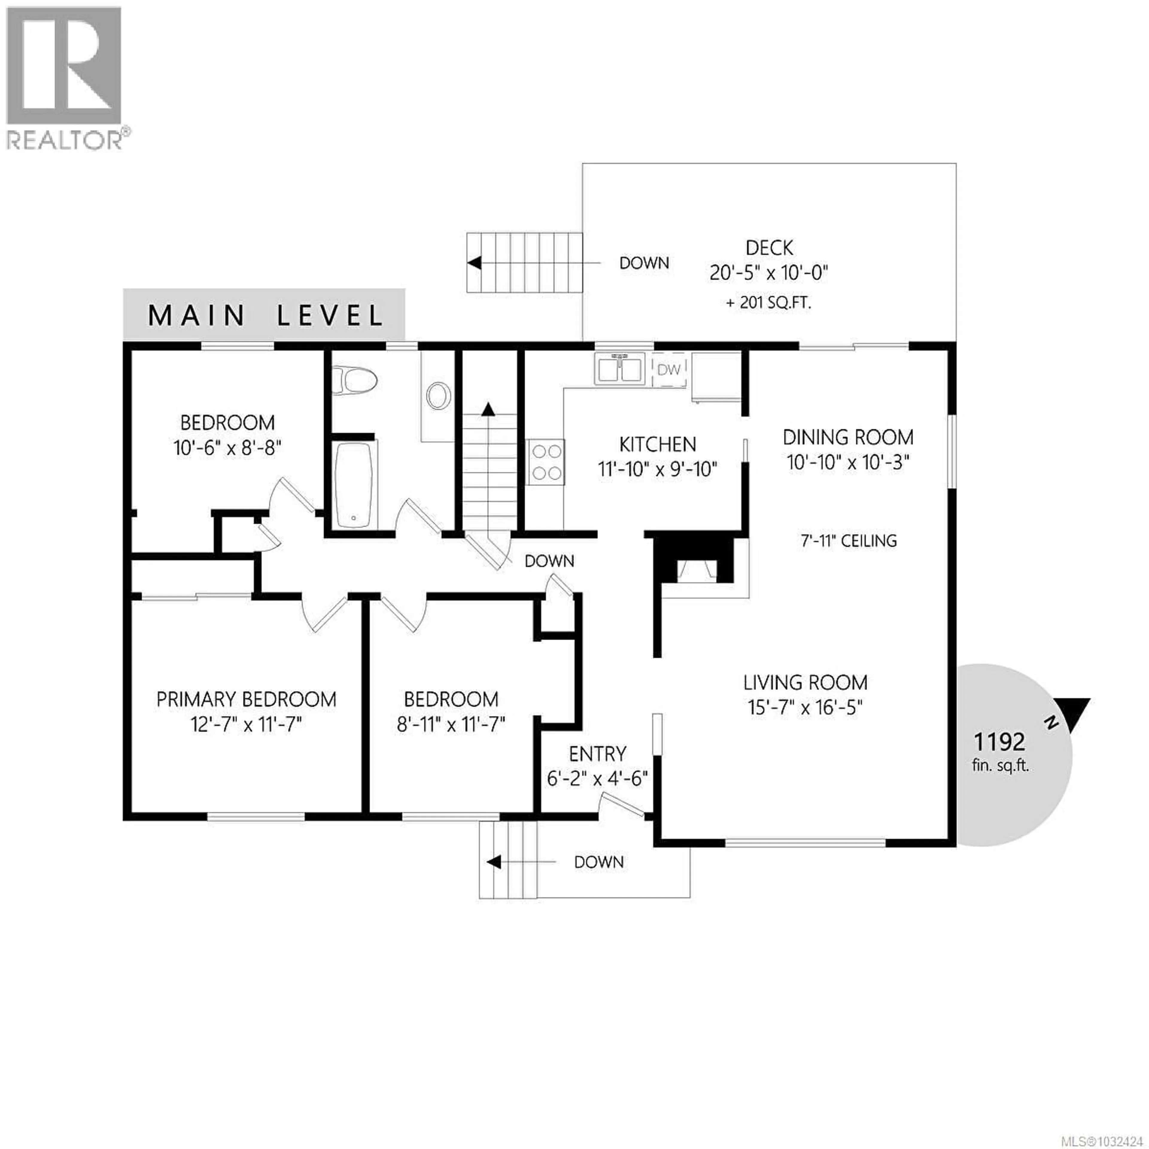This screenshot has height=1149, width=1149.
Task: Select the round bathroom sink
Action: pos(438,396)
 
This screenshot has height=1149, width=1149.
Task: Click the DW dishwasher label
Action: pos(669,370)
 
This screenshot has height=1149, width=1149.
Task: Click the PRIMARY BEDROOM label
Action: pos(246,699)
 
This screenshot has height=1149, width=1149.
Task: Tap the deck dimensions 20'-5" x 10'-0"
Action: pos(769,273)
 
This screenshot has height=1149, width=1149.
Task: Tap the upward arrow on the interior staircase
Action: pos(488,408)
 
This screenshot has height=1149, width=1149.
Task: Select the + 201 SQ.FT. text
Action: pos(769,303)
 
